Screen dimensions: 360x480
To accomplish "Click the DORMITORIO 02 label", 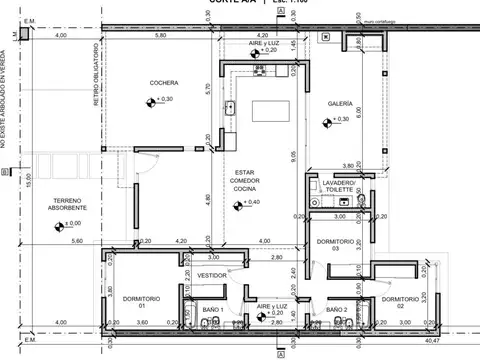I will click(x=398, y=300).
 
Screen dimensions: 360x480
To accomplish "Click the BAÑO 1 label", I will click(x=212, y=310).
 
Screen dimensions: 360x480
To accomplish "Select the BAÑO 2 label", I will click(x=336, y=310).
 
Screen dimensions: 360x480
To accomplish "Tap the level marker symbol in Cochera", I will click(x=149, y=100).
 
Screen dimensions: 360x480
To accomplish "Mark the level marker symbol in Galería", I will click(x=327, y=120).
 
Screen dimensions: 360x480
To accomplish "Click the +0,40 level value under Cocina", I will click(x=253, y=203).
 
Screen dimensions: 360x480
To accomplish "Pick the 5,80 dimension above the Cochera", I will click(x=160, y=37).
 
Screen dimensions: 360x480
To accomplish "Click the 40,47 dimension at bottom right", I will click(x=459, y=341).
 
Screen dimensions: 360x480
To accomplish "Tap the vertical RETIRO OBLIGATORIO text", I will click(x=97, y=75).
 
